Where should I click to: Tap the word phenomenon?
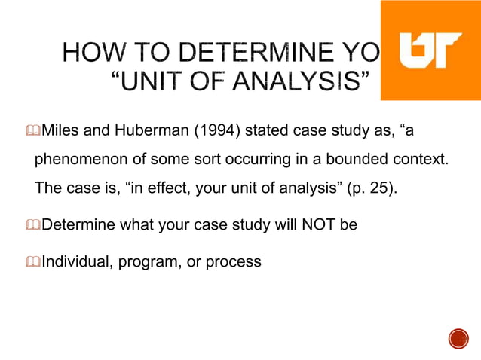(80, 160)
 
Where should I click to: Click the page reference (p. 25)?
(371, 187)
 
